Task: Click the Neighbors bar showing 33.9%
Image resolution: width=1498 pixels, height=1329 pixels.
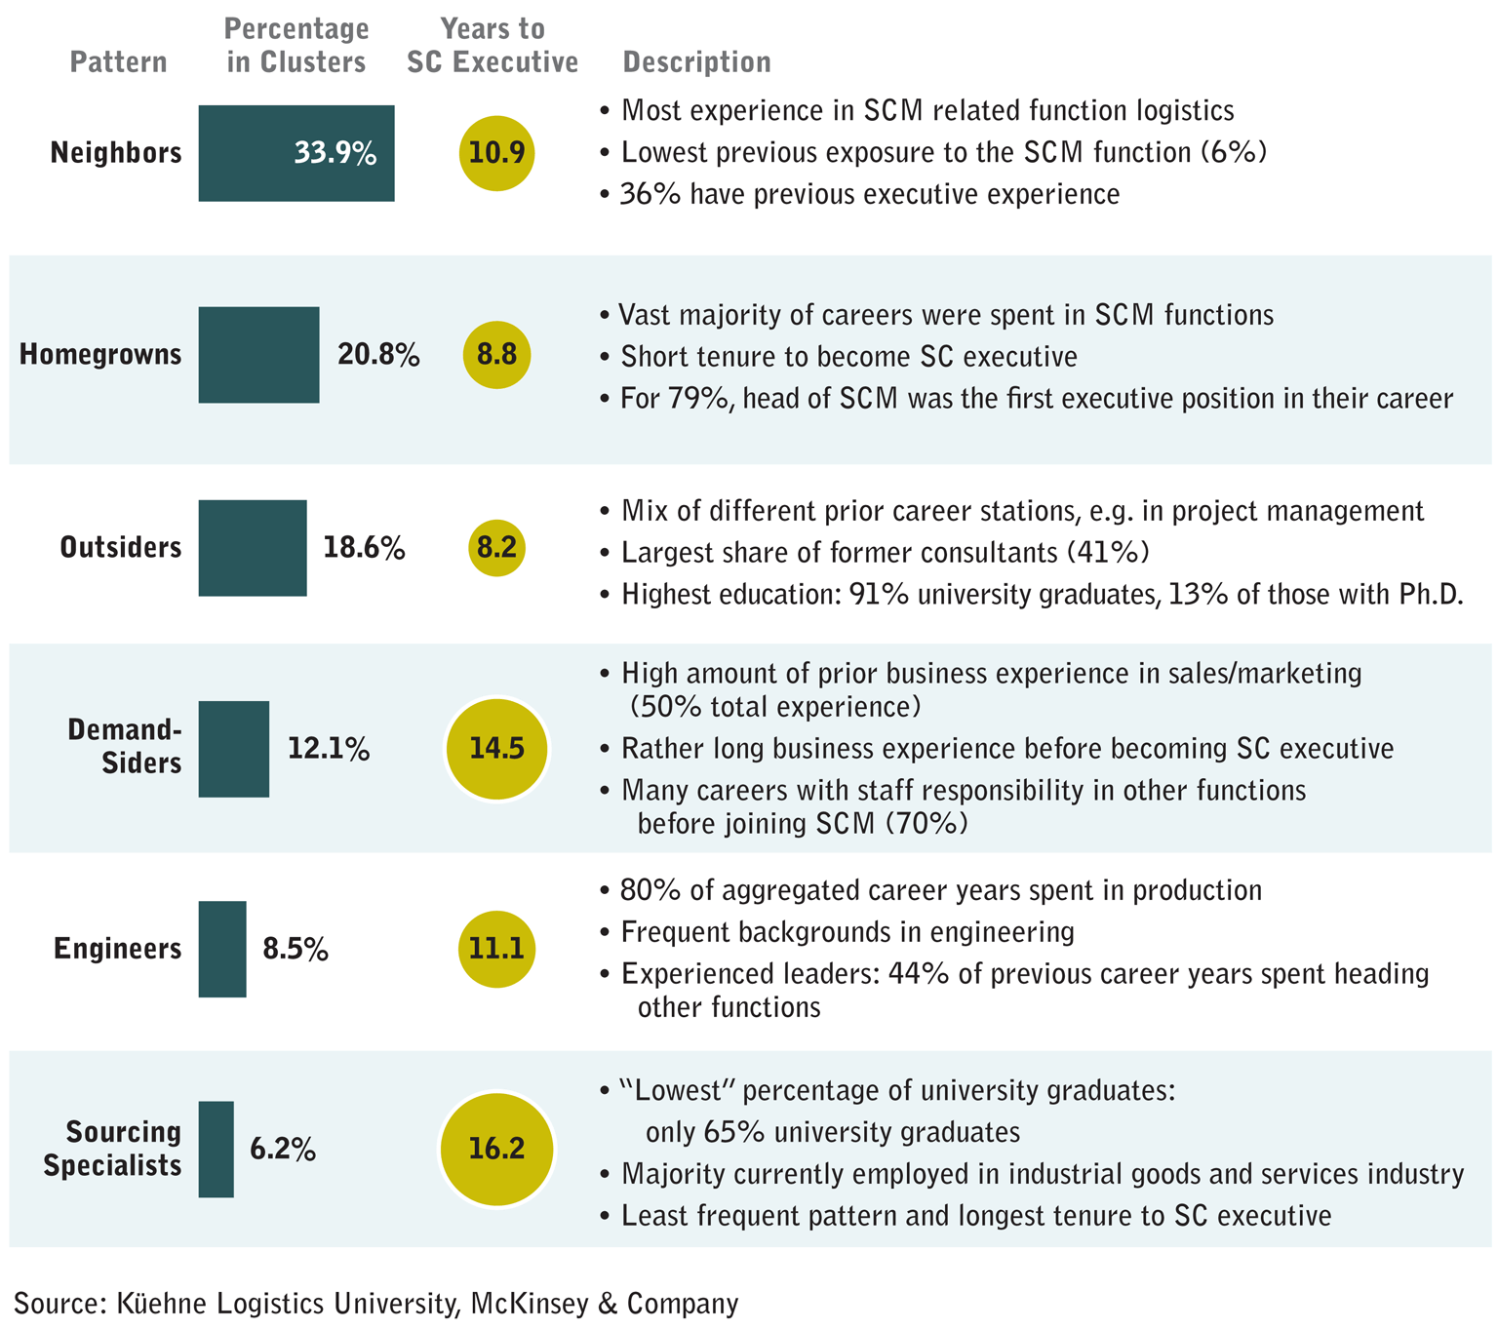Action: coord(296,153)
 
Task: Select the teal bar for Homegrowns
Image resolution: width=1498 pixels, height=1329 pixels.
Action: coord(258,355)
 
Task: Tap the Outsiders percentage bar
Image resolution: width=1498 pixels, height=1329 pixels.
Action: coord(253,548)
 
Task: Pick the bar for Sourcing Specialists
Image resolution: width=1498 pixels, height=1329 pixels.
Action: coord(217,1149)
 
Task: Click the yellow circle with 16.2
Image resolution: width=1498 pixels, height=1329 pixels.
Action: coord(496,1149)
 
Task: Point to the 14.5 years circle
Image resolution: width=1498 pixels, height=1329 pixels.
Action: coord(496,749)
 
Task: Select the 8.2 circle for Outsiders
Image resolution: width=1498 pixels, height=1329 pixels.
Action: coord(496,548)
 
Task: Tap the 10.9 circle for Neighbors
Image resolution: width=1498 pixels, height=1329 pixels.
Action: coord(496,153)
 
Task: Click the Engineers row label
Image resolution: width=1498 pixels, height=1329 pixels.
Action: coord(118,949)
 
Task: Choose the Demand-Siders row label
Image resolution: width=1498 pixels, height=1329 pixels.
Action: coord(125,746)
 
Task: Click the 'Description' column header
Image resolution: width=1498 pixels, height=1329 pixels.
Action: coord(696,62)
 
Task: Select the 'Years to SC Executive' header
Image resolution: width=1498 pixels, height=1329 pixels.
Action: coord(493,46)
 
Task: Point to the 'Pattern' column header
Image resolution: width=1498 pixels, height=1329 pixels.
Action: coord(118,62)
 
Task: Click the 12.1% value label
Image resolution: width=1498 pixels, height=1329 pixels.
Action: coord(329,749)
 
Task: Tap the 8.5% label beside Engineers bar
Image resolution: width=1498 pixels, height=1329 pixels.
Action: coord(296,949)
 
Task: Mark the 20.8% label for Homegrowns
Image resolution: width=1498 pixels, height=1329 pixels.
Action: coord(378,355)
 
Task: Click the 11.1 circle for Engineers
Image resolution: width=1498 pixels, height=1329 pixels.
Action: coord(496,949)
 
